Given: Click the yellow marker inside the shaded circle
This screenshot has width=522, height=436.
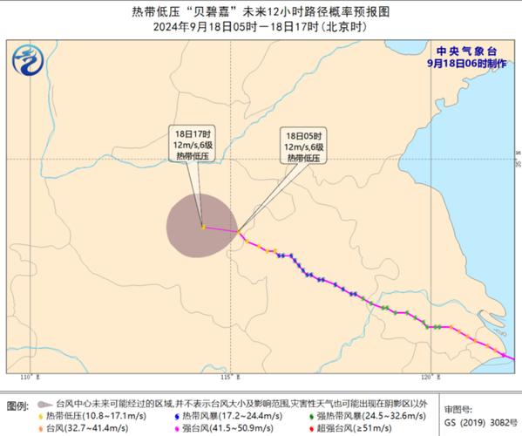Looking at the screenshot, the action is click(x=203, y=227).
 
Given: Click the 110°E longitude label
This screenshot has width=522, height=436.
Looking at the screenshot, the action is click(x=31, y=377).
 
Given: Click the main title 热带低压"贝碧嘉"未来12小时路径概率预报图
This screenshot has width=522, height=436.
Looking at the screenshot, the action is click(x=261, y=12).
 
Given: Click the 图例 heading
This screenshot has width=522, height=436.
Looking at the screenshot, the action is click(x=17, y=406).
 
